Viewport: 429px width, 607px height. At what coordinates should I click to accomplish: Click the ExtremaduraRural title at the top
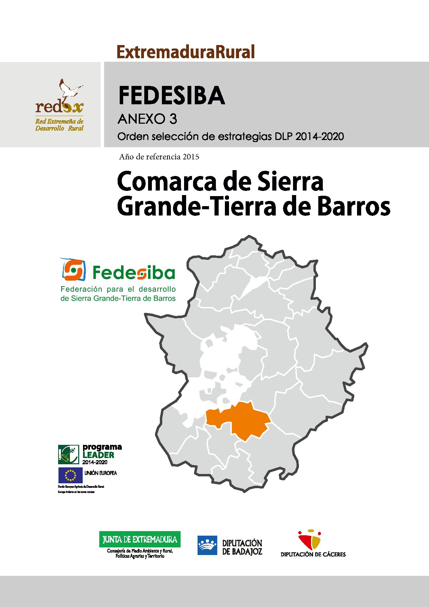186,52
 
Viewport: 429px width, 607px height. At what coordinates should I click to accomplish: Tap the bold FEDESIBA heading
172,96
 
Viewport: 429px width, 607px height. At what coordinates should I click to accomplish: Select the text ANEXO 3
147,119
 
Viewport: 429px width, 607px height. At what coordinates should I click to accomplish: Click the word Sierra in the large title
291,182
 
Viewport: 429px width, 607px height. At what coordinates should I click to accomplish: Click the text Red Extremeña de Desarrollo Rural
59,125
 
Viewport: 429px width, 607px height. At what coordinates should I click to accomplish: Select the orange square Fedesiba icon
73,270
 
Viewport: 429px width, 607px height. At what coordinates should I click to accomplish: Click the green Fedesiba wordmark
134,273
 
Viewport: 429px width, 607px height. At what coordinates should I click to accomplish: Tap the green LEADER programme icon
69,454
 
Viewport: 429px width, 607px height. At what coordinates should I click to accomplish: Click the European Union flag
70,475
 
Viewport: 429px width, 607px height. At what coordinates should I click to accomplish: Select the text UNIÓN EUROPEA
101,473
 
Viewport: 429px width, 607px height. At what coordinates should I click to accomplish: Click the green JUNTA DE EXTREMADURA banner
140,539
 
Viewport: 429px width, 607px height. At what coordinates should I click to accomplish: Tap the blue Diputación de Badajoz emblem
207,545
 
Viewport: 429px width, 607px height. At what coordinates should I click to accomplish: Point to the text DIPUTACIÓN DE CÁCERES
313,554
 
